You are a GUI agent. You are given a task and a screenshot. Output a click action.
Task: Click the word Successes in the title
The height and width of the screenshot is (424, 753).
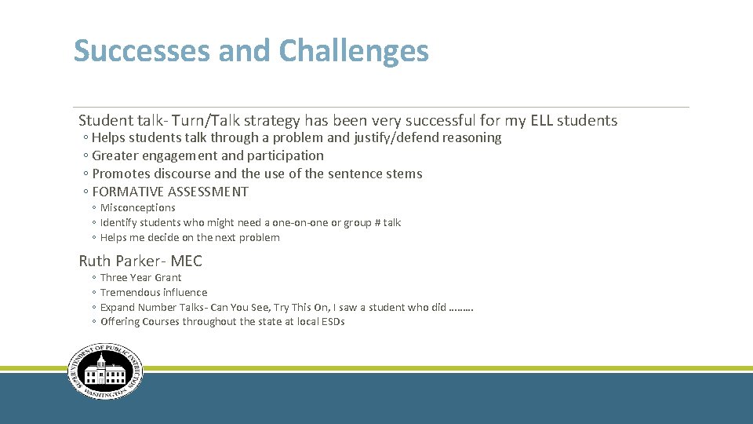[x=142, y=51]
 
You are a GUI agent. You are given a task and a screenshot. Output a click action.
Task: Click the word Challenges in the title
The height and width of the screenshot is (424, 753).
[x=354, y=51]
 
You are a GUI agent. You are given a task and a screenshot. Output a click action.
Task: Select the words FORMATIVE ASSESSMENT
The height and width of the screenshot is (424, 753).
[x=170, y=192]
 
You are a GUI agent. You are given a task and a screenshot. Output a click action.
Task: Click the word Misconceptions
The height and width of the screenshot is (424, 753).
[x=137, y=207]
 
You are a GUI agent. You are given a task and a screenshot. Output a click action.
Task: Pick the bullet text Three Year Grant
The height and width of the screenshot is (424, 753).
[x=140, y=277]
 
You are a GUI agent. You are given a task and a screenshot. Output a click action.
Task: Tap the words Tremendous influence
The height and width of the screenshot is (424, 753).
[x=154, y=292]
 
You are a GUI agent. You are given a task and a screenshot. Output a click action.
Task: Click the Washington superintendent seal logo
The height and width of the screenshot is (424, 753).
[x=105, y=371]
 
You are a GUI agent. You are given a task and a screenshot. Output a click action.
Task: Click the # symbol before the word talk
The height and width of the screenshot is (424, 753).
[x=376, y=222]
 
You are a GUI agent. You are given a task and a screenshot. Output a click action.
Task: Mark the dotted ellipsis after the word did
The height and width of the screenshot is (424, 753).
[x=461, y=307]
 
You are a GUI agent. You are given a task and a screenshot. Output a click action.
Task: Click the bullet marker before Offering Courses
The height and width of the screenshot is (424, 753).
[x=94, y=322]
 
